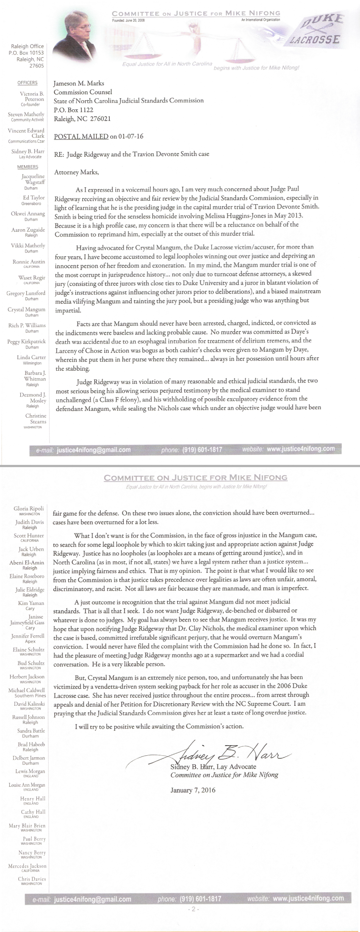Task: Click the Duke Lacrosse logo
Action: tap(321, 30)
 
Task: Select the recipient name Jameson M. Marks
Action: tap(78, 83)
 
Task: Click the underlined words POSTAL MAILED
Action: tap(81, 136)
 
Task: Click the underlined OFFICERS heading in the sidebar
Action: tap(28, 83)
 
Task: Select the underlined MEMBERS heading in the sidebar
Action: tap(28, 167)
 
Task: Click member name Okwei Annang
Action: tap(28, 214)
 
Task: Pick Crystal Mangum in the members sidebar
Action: tap(26, 310)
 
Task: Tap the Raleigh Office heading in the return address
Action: tap(28, 46)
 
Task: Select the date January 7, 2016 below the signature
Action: tap(193, 790)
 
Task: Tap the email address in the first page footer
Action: tap(94, 450)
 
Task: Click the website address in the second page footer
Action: tap(308, 898)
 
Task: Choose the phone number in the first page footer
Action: tap(202, 449)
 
